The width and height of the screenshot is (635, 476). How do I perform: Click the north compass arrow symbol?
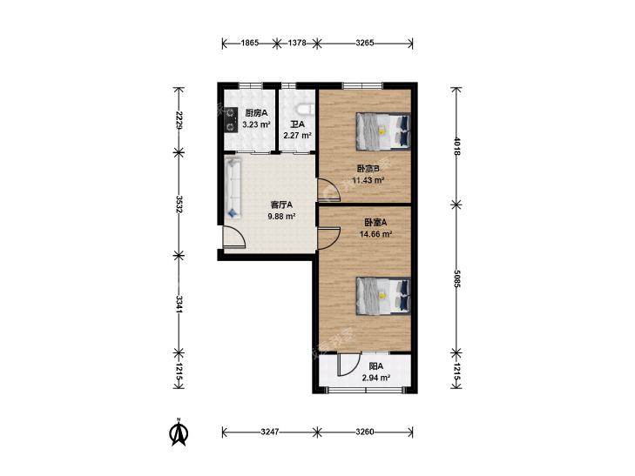coord(179,432)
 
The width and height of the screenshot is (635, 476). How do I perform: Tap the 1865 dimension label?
coord(250,43)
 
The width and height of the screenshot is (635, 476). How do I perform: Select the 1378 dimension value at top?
coord(297,43)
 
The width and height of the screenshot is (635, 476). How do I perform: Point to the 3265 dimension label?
coord(364,43)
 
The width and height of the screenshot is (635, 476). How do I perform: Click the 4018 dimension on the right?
coord(456,146)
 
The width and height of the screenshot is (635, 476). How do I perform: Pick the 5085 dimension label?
coord(456,279)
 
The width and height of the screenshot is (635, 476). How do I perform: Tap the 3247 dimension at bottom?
coord(270,432)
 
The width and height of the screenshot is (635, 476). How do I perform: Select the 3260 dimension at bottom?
coord(364,432)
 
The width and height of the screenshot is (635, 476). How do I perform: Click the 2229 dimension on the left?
coord(179,120)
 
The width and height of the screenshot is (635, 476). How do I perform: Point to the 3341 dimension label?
coord(179,304)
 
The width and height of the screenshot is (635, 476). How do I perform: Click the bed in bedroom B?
coord(383,131)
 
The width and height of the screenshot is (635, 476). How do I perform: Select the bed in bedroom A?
coord(383,296)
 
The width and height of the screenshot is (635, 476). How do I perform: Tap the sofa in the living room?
coord(233,188)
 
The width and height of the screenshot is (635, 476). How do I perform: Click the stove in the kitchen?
coord(231,120)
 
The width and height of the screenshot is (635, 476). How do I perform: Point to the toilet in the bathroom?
coord(306,109)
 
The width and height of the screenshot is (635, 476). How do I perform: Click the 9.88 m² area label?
coord(281,217)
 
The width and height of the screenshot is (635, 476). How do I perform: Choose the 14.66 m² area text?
coord(375,234)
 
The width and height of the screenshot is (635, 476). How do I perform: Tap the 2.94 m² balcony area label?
coord(375,379)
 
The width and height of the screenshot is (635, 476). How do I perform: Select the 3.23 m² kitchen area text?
coord(256,125)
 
